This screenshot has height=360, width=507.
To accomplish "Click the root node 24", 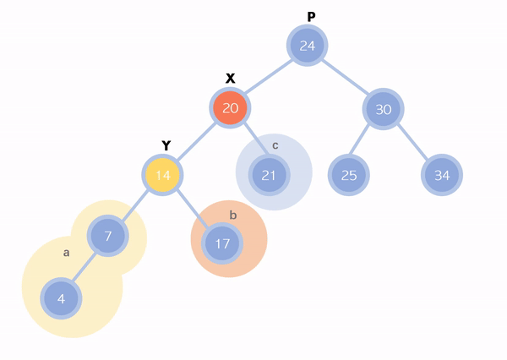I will tap(308, 46).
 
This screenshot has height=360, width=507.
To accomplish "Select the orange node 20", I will tap(231, 108).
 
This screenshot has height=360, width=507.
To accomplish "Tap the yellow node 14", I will tap(162, 176).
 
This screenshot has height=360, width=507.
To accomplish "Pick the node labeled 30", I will tap(384, 109).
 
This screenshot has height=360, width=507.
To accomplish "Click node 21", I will tap(269, 176).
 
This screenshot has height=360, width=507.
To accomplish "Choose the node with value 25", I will tap(348, 176).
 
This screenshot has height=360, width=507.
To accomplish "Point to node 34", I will tap(442, 176).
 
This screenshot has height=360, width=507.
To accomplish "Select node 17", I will tap(222, 243).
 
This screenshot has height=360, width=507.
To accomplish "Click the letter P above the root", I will tap(311, 17).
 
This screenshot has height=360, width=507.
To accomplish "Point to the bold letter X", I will tap(230, 79).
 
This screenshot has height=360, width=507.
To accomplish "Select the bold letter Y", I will tap(166, 145).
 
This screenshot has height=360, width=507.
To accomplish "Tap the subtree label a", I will tap(67, 252).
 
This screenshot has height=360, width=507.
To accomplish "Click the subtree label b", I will tap(233, 215).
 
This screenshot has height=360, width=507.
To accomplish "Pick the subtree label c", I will tap(275, 145).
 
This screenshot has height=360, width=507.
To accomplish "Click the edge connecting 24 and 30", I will tap(346, 77).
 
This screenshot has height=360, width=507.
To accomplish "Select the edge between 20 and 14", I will tap(197, 142).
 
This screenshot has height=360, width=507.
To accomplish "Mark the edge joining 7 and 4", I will tap(84, 267).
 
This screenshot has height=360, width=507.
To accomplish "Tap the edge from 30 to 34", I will tap(412, 142).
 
